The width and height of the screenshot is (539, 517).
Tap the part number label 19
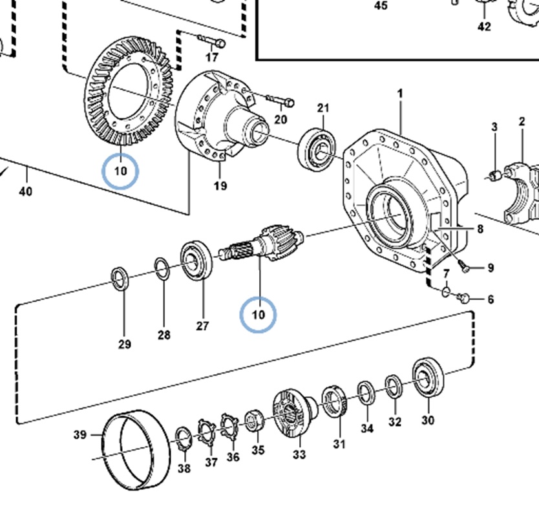coord(220,187)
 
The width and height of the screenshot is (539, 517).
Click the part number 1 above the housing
coord(400,94)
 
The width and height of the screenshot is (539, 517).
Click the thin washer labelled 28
coord(162,268)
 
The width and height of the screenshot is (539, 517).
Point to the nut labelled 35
coord(253,420)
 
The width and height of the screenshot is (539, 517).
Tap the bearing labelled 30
coord(427,377)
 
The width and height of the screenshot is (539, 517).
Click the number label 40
coord(26,191)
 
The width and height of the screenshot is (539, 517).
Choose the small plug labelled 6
coord(463,297)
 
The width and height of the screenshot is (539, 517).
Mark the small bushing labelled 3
coord(494,174)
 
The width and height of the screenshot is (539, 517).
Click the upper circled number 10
coord(120,171)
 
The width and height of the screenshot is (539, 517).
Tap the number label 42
coord(484,27)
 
